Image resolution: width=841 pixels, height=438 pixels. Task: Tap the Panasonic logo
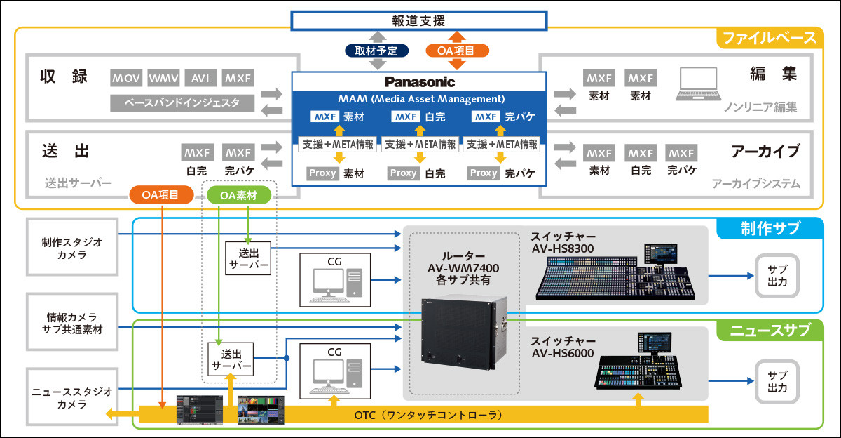(x=419, y=81)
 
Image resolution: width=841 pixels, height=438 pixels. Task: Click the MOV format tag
(x=127, y=78)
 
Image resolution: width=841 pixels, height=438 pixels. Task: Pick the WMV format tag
(x=164, y=78)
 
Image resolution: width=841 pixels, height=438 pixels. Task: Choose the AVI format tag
(x=200, y=78)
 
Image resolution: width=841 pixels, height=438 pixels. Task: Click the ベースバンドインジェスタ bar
(x=182, y=103)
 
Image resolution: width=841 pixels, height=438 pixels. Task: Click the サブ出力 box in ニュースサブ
(x=777, y=382)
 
